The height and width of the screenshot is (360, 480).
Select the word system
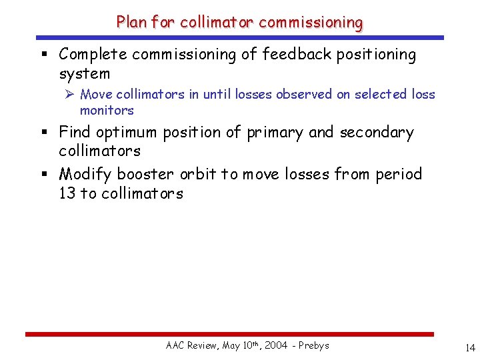[84, 73]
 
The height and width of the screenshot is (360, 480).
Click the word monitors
[107, 111]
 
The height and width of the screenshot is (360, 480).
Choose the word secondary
[377, 133]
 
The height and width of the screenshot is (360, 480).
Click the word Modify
[86, 175]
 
